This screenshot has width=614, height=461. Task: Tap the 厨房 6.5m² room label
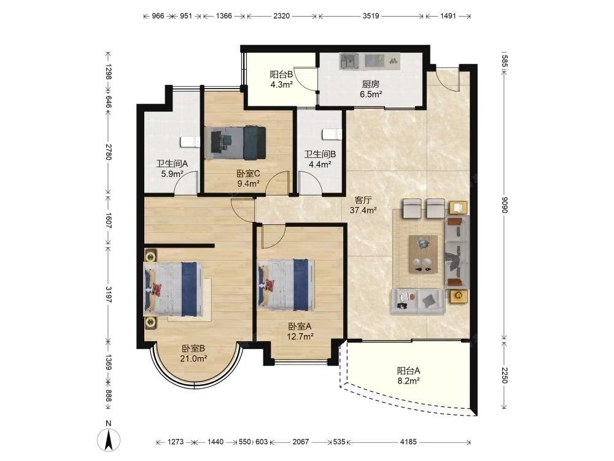tap(371, 89)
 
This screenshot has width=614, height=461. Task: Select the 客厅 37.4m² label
tap(363, 205)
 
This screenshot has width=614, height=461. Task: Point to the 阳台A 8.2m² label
tap(408, 375)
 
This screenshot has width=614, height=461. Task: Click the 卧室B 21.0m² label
tap(193, 353)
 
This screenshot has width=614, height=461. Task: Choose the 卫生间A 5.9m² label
tap(173, 168)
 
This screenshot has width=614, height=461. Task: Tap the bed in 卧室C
tap(235, 143)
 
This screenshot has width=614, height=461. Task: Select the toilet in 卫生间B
tap(332, 135)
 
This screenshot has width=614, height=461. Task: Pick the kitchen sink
tap(349, 61)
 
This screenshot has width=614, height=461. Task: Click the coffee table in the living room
tap(423, 254)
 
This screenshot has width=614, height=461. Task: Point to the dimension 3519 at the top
tap(371, 16)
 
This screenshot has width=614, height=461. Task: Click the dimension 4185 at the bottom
tap(408, 442)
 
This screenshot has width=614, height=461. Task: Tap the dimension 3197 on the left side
tap(109, 295)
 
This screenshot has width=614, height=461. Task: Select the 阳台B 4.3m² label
tap(281, 79)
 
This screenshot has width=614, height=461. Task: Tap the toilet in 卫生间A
tap(190, 141)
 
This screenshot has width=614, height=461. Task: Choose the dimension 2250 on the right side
tap(504, 376)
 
